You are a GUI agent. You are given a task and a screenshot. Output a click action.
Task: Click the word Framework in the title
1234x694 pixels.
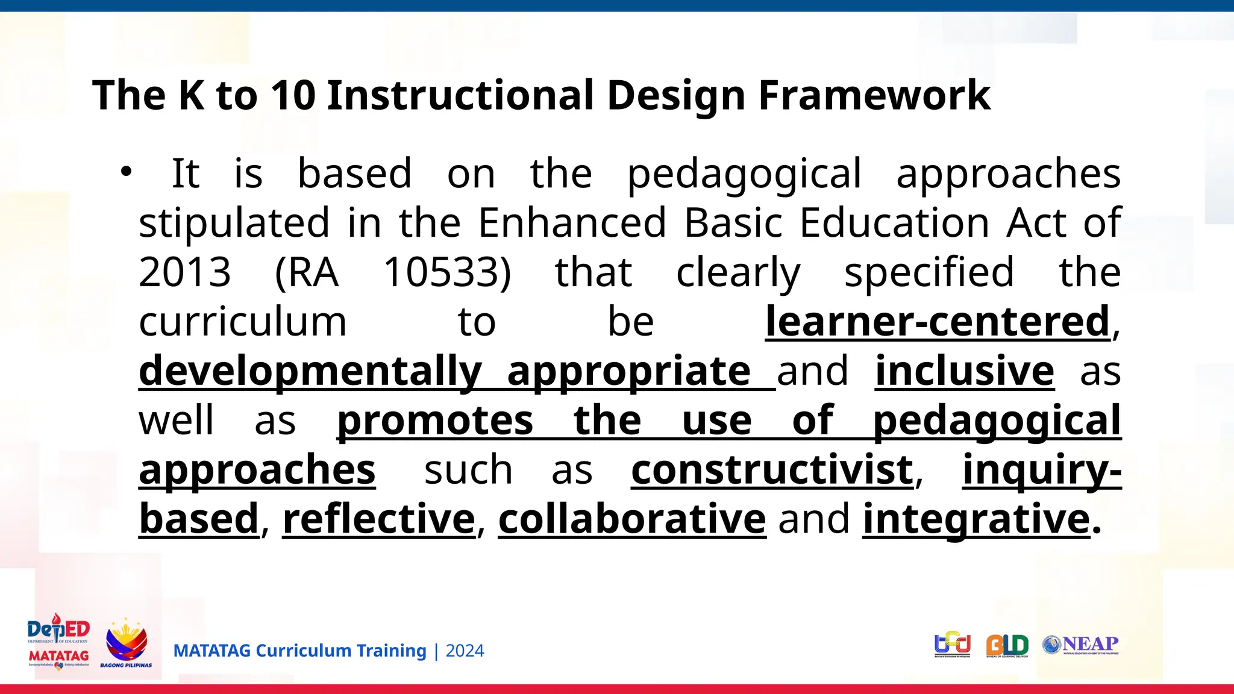[x=874, y=96]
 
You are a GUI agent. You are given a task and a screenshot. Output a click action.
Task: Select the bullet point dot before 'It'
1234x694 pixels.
[x=125, y=172]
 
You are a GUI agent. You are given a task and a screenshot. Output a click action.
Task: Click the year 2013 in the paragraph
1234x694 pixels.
[x=185, y=272]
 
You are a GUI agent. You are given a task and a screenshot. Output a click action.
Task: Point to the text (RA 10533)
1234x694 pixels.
[x=393, y=272]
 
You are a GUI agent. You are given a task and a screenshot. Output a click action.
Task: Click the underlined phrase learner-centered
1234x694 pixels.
[x=938, y=322]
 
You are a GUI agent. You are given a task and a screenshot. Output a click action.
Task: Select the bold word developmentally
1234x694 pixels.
[x=310, y=371]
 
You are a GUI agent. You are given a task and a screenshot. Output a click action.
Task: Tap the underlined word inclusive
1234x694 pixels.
[x=965, y=371]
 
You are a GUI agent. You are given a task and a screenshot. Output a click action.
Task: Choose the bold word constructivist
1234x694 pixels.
[x=772, y=469]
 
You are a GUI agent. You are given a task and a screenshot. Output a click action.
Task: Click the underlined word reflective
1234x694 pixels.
[x=379, y=519]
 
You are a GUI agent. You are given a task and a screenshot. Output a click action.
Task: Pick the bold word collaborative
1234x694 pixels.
[x=632, y=519]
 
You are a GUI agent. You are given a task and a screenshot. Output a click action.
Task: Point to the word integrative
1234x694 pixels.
[x=977, y=519]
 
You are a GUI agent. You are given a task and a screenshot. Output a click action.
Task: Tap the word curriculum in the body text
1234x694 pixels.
[x=243, y=322]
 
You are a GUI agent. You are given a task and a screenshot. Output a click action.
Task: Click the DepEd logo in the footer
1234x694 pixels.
[x=58, y=642]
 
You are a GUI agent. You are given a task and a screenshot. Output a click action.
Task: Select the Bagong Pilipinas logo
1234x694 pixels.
[x=126, y=643]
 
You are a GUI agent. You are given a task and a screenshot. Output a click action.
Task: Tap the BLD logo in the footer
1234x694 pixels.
[x=1007, y=646]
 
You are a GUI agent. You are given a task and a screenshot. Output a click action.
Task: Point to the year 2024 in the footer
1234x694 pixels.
[x=465, y=651]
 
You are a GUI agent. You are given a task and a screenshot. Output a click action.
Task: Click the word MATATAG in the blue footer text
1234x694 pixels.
[x=211, y=651]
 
